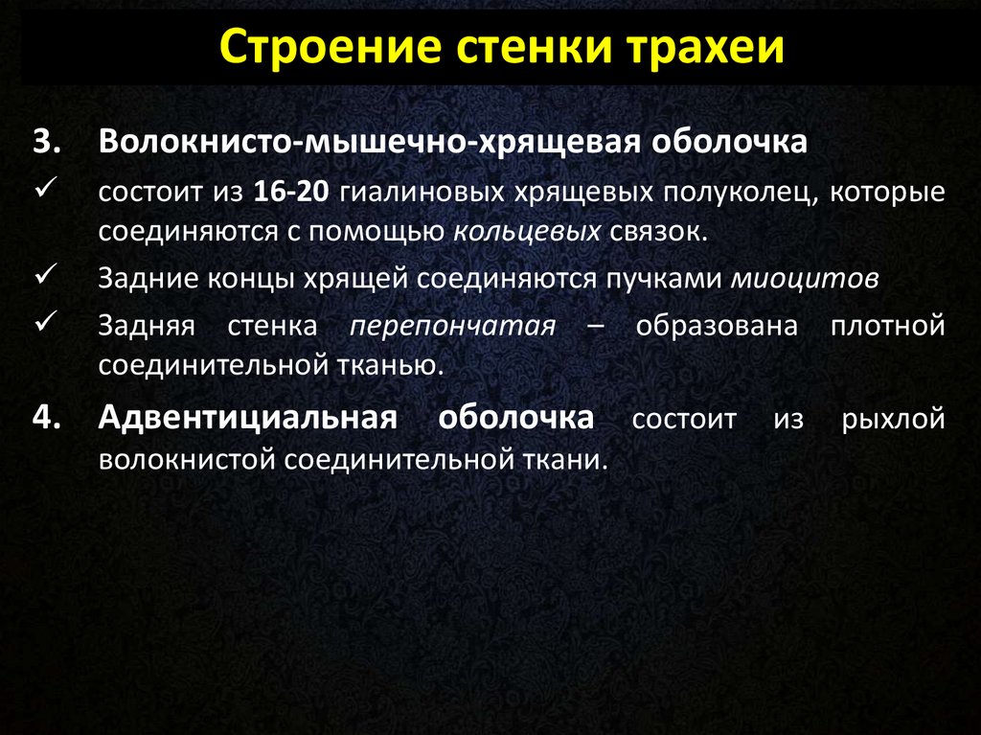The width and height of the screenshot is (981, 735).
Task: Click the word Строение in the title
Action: [331, 46]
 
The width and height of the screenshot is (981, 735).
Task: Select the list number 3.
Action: [47, 142]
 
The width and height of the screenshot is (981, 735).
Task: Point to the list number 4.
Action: [47, 418]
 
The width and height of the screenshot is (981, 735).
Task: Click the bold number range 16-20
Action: [291, 192]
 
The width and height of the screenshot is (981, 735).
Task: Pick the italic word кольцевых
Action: [527, 232]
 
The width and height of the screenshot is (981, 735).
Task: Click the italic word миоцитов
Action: [805, 279]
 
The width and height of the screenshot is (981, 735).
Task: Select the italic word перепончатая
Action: [452, 326]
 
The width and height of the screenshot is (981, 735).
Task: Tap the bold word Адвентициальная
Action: [247, 418]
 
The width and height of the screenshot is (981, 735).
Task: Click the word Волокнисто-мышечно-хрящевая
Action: [369, 142]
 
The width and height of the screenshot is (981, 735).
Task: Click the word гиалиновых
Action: [422, 192]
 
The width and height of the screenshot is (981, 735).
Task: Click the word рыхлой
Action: [893, 419]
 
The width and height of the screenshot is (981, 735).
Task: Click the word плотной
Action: [888, 326]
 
